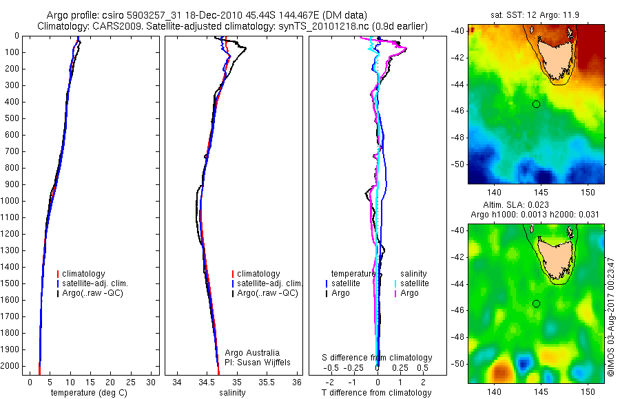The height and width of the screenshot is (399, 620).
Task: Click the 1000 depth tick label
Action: [12, 201]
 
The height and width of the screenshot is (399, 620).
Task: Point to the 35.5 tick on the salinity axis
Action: [267, 382]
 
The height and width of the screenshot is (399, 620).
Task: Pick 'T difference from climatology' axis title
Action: [377, 393]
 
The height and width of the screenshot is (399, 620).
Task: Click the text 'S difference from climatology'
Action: [378, 358]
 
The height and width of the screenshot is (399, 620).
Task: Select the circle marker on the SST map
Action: [536, 104]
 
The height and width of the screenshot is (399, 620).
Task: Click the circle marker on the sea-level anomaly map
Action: [536, 303]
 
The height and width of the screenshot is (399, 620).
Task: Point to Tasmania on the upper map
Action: [555, 58]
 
